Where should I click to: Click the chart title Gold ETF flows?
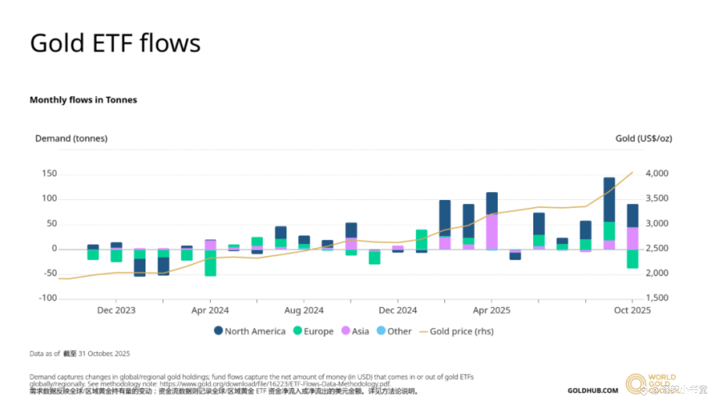[115, 43]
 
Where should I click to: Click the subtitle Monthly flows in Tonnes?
[83, 100]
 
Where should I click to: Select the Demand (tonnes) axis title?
[71, 139]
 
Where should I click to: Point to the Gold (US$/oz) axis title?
[643, 139]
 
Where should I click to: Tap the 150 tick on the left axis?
[50, 174]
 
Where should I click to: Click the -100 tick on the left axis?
[48, 298]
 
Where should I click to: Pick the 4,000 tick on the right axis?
[657, 174]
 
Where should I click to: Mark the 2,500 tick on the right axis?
[657, 248]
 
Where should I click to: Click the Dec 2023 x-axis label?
[116, 310]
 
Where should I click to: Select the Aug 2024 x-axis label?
[304, 310]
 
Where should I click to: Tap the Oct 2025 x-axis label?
[632, 310]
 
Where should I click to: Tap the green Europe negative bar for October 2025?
[632, 259]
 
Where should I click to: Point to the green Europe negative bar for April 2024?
[210, 263]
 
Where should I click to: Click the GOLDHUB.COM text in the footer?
[593, 391]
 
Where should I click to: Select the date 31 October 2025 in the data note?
[104, 354]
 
